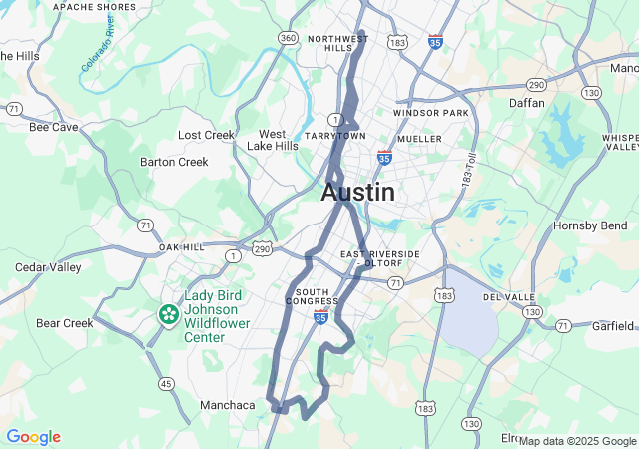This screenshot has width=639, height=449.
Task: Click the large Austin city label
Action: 357,193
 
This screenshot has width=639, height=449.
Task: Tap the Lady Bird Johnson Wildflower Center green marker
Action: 168,315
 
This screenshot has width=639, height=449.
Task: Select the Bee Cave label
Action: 54,127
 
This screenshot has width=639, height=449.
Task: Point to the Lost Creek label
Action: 206,135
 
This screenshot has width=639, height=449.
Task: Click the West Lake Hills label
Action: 273,140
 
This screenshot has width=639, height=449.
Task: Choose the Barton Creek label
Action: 174,162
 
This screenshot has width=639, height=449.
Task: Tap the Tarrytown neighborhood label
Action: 336,136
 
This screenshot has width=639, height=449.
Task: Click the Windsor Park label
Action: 430,113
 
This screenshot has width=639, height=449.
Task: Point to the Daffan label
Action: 526,103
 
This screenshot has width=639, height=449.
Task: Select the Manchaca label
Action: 227,405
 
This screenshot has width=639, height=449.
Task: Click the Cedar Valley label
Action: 48,267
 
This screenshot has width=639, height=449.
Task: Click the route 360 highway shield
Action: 288,38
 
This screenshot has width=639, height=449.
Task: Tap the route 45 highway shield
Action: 166,384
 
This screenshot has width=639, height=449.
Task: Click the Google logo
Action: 33,437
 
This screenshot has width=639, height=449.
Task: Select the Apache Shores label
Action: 94,7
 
